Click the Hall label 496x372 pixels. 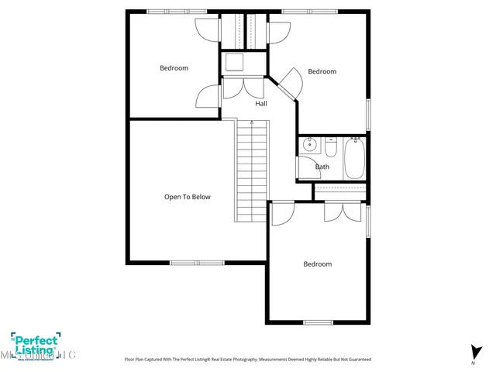261,103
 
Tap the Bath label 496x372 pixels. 322,167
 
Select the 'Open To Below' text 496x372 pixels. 187,197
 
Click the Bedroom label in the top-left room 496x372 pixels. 174,68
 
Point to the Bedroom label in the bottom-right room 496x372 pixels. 317,264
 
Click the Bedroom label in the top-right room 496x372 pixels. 322,72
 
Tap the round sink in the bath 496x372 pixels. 309,144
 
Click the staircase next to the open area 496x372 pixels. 251,170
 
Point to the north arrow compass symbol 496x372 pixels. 473,353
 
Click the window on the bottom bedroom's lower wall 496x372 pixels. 318,322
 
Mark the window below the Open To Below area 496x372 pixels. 197,262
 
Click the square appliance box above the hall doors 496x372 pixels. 234,62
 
